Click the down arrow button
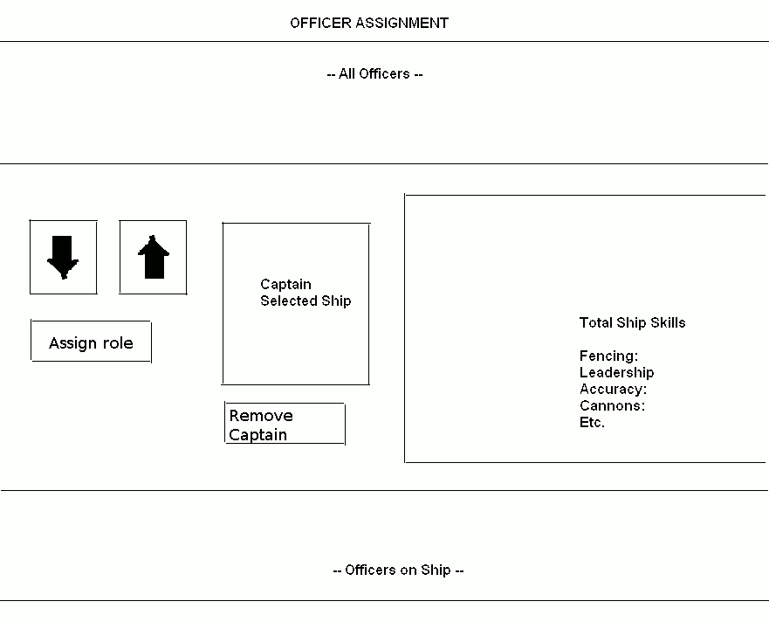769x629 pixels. click(63, 258)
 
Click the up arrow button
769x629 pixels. click(153, 258)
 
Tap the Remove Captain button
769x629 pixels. click(285, 424)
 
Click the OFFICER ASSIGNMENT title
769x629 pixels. click(369, 23)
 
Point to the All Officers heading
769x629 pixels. click(374, 74)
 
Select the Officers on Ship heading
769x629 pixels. click(398, 570)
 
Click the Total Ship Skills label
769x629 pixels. click(632, 322)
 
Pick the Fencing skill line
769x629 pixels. click(608, 356)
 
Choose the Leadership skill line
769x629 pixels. click(616, 373)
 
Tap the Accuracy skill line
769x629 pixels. click(613, 390)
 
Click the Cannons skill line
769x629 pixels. click(612, 406)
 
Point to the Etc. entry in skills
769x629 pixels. click(592, 423)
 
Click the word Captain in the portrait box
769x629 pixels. click(285, 284)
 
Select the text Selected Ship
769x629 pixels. click(306, 301)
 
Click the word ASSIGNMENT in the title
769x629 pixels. click(402, 23)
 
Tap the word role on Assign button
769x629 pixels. click(118, 342)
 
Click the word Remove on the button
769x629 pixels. click(261, 416)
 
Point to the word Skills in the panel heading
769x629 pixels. click(668, 322)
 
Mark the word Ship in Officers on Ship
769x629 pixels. click(436, 570)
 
